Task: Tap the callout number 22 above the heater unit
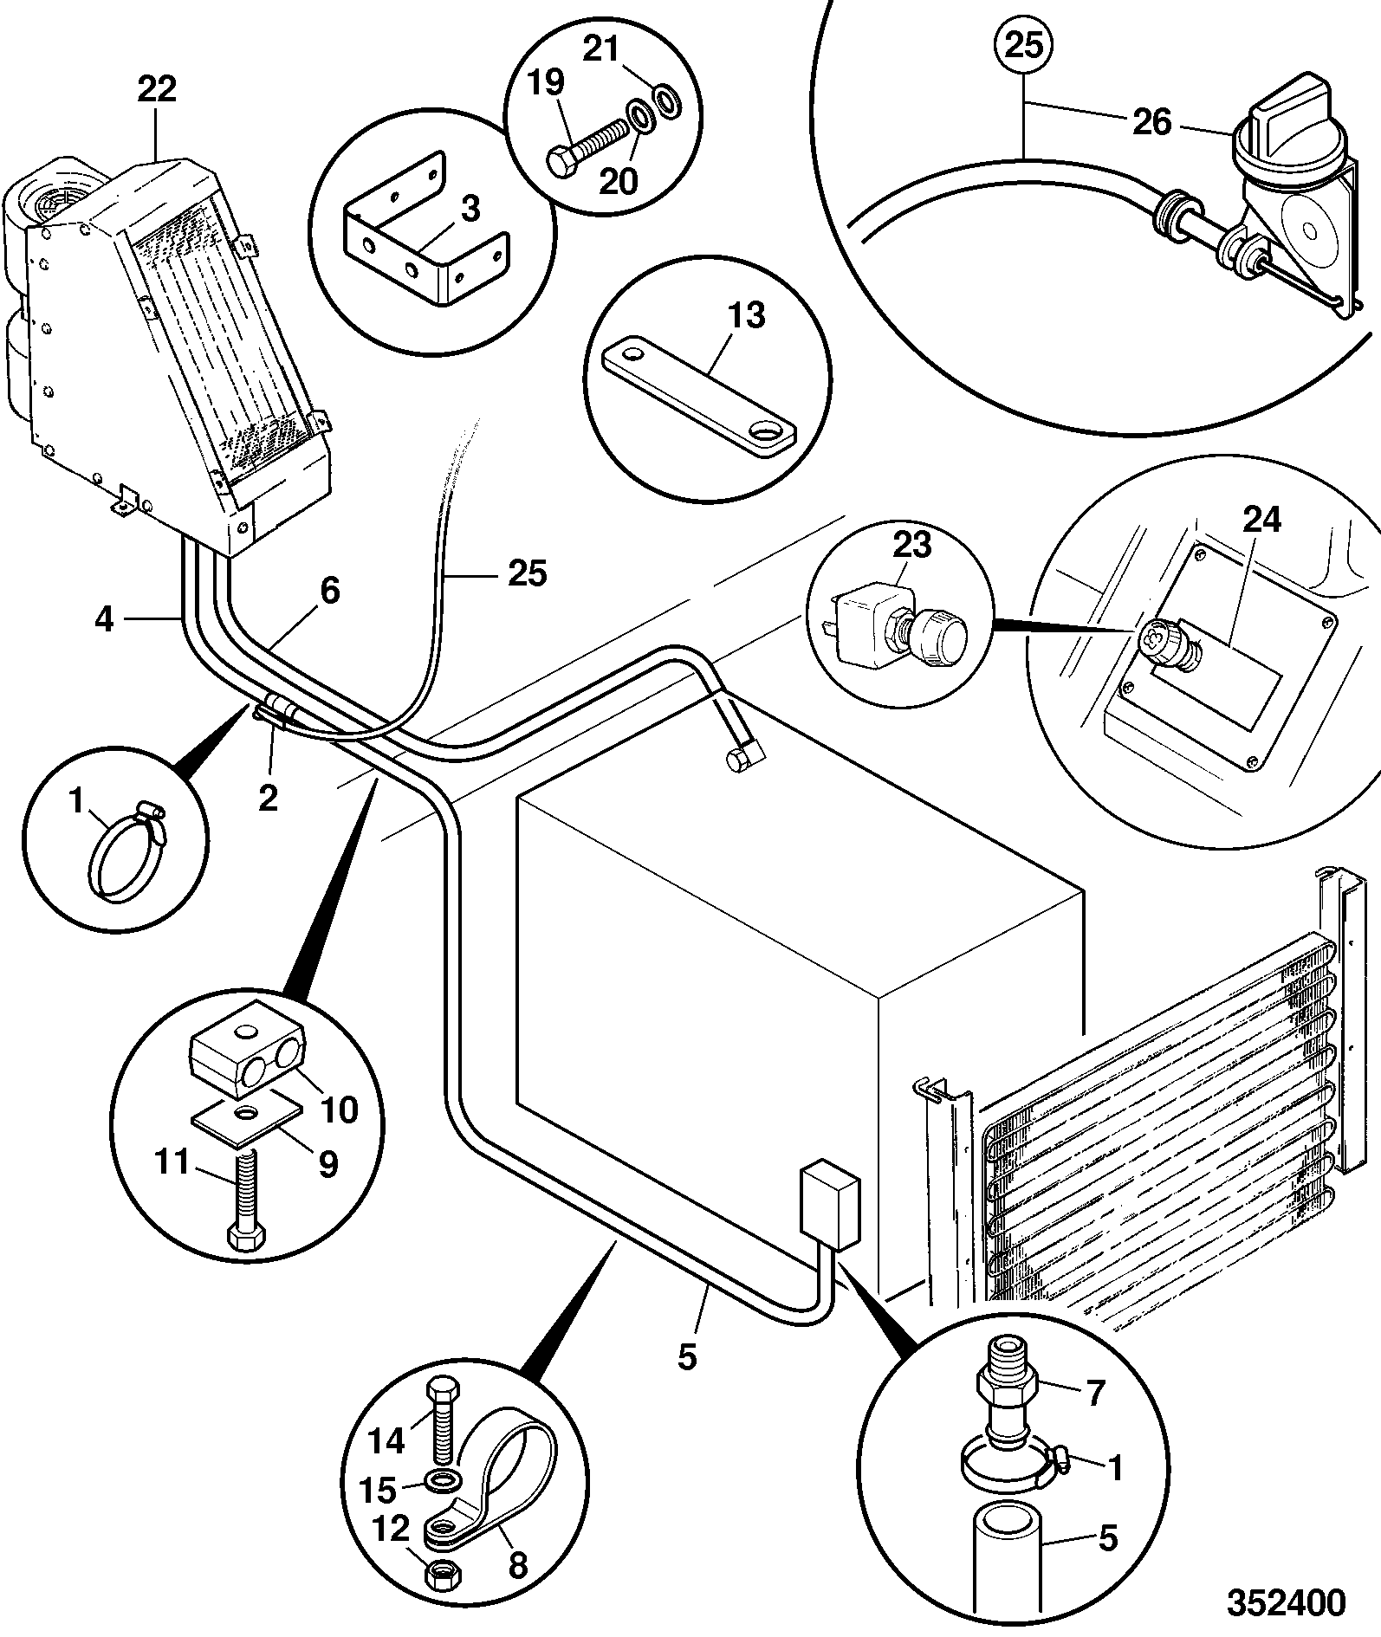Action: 157,88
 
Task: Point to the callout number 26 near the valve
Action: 1151,122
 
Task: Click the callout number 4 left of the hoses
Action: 104,619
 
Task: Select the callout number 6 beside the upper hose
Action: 330,591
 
